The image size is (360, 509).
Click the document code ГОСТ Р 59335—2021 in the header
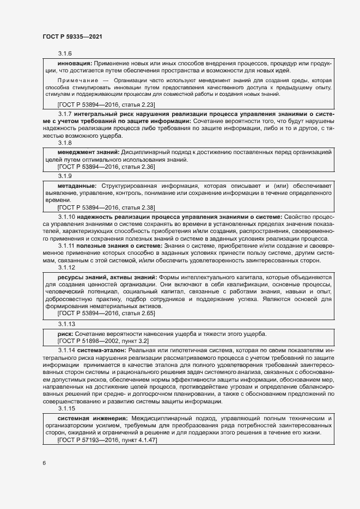pyautogui.click(x=72, y=36)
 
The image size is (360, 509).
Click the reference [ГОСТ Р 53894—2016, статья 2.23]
pyautogui.click(x=107, y=103)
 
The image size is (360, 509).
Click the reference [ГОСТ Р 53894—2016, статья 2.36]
pyautogui.click(x=107, y=167)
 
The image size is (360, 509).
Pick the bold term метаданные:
pyautogui.click(x=78, y=185)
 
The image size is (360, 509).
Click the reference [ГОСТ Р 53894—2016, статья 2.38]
pyautogui.click(x=107, y=207)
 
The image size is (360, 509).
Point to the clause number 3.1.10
pyautogui.click(x=66, y=217)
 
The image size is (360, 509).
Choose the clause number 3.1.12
pyautogui.click(x=66, y=268)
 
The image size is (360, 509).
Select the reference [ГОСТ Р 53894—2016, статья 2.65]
pyautogui.click(x=107, y=314)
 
